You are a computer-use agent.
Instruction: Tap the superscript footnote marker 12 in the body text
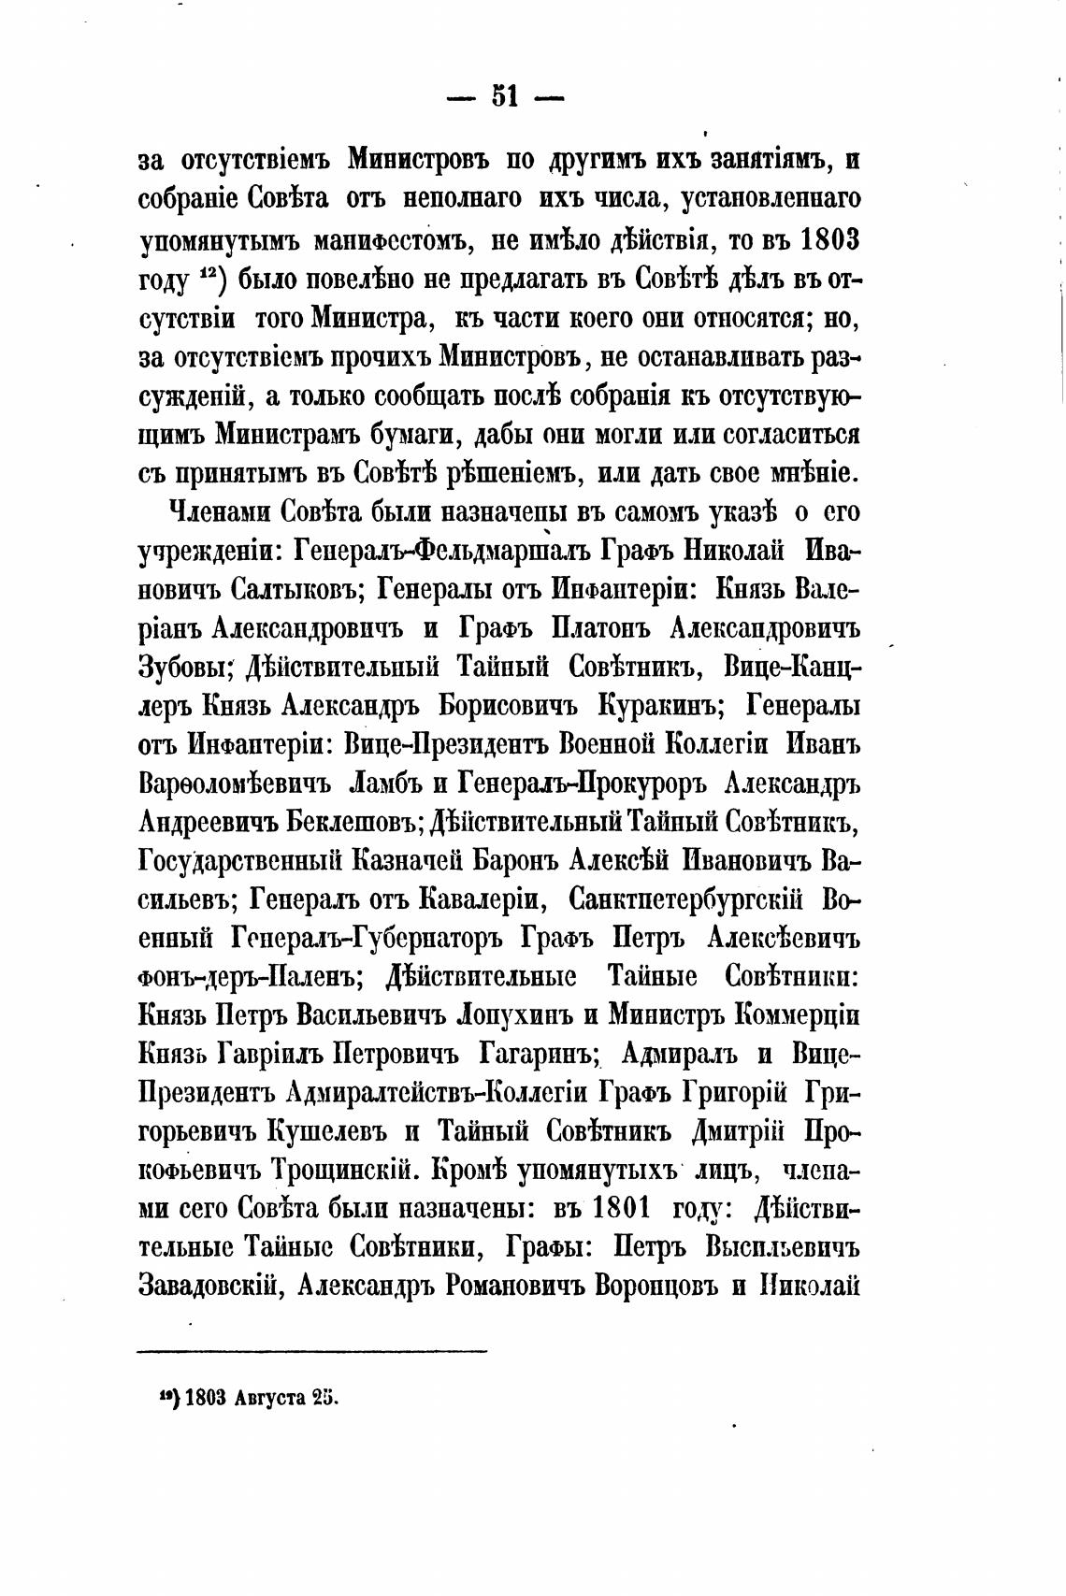pos(208,276)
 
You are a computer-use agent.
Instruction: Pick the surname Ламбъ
pos(382,784)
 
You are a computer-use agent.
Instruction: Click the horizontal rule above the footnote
pos(312,1350)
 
